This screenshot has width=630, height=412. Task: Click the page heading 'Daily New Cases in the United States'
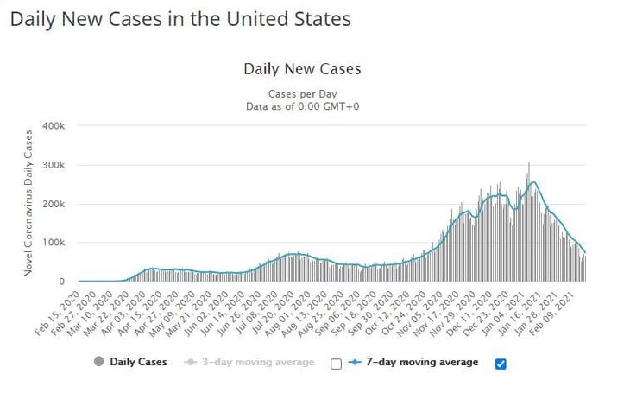click(180, 19)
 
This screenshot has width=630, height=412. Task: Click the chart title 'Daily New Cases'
click(302, 69)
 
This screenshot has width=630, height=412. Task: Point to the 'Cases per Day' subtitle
click(301, 92)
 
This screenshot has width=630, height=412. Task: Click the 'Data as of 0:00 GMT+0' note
click(301, 105)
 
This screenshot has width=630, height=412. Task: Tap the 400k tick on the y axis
click(54, 126)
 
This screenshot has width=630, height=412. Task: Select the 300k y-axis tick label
click(54, 165)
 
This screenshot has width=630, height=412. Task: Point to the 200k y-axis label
click(54, 204)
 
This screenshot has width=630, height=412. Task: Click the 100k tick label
click(54, 243)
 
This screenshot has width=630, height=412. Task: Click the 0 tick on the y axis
click(61, 282)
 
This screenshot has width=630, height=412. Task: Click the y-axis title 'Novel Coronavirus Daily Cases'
click(30, 202)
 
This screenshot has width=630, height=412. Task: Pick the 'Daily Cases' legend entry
click(138, 362)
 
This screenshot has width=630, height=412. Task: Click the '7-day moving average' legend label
click(424, 362)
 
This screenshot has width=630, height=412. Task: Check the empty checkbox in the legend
click(337, 364)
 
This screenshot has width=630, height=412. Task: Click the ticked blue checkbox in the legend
click(501, 364)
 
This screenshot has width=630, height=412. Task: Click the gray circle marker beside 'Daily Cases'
click(98, 362)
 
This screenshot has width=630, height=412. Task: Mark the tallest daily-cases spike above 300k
click(529, 164)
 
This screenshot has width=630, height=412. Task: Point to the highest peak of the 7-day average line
click(534, 182)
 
